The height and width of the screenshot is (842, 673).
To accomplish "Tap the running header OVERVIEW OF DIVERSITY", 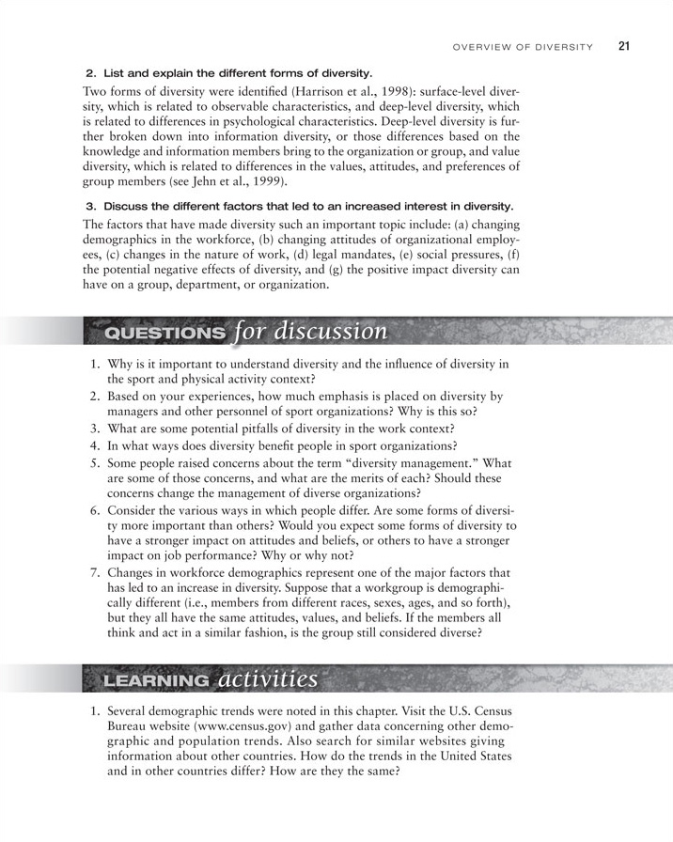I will click(x=523, y=46).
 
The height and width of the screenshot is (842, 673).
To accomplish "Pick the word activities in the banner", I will click(x=267, y=677).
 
